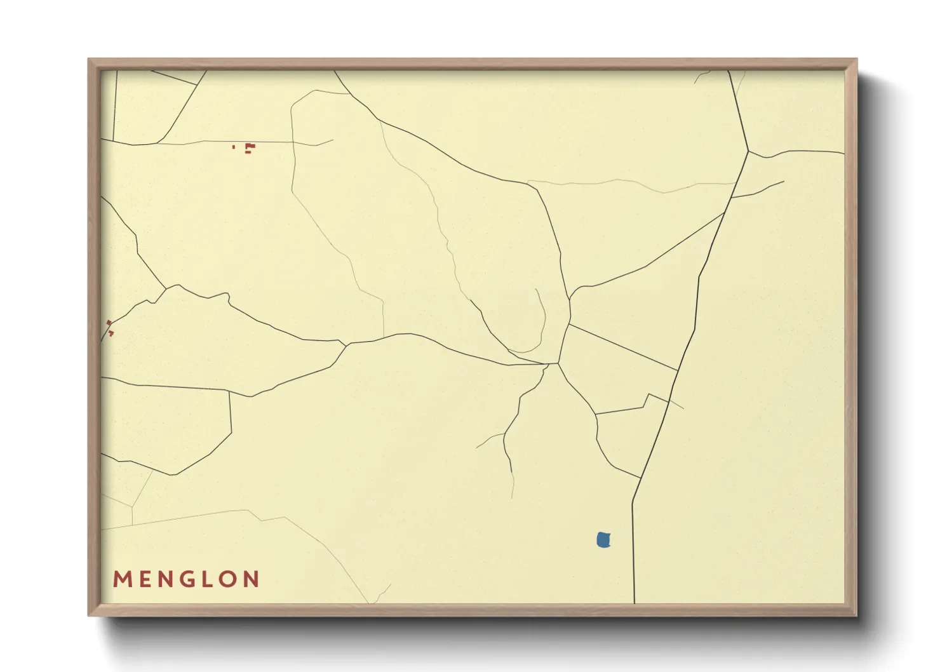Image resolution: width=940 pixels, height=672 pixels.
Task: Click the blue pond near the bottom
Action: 603,540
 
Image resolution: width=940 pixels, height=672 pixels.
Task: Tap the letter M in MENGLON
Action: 121,579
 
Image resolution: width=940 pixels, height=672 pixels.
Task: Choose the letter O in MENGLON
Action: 229,579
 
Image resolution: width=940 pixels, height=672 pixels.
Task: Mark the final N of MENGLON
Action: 252,579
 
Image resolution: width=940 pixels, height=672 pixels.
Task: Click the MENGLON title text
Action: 186,579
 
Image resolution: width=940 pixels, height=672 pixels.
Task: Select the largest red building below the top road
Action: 250,147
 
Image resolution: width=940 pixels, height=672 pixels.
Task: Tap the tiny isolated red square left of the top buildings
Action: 234,147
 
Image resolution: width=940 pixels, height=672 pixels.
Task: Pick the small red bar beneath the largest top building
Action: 248,152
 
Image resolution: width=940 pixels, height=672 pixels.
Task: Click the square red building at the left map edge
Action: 109,323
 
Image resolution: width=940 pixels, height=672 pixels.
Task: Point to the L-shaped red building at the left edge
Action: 111,332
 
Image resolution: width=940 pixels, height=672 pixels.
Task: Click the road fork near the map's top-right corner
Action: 748,151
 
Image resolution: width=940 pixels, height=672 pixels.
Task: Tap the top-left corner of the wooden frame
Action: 89,59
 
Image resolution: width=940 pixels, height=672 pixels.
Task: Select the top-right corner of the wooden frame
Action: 857,59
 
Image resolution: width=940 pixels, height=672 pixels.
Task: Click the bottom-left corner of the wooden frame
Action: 89,615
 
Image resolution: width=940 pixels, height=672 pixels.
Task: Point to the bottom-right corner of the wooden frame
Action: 857,615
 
